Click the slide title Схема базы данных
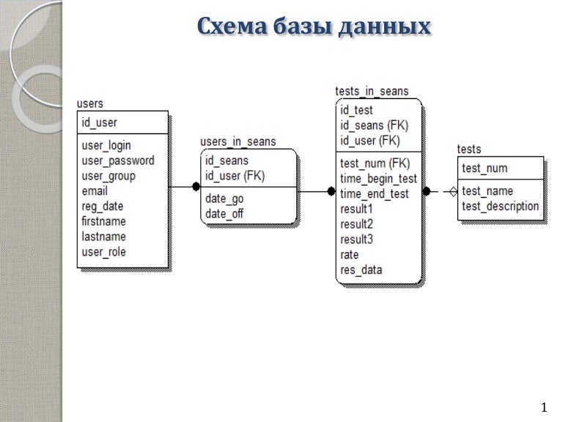click(x=314, y=26)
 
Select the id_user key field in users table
click(x=100, y=122)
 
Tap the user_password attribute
click(x=118, y=160)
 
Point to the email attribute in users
click(x=95, y=191)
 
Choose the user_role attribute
click(x=104, y=252)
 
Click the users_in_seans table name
click(x=238, y=141)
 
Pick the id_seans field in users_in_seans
click(x=227, y=160)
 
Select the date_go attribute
click(x=224, y=199)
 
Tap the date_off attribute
click(x=224, y=214)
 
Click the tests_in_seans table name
click(x=372, y=91)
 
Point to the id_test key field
click(x=356, y=110)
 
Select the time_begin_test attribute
click(x=378, y=178)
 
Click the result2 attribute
click(x=357, y=224)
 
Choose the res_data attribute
click(x=361, y=270)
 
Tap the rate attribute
click(x=350, y=255)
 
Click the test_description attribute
click(x=501, y=207)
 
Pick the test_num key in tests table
click(x=485, y=169)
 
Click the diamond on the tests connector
click(x=452, y=192)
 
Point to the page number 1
click(x=543, y=406)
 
